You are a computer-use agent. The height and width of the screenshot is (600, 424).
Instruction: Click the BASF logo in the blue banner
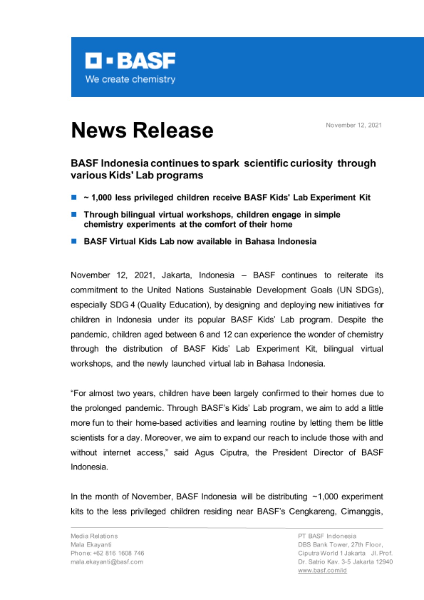coord(130,61)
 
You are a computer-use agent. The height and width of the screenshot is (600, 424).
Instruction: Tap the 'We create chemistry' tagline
coord(130,79)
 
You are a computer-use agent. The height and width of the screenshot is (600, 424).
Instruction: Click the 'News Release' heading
coord(142,130)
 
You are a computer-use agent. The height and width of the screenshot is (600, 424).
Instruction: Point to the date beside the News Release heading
coord(354,125)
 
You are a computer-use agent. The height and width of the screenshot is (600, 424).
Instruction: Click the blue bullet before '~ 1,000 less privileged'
coord(74,197)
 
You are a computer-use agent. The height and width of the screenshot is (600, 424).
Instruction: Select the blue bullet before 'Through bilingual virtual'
coord(74,214)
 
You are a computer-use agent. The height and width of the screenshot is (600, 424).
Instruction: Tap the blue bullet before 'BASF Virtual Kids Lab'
coord(74,241)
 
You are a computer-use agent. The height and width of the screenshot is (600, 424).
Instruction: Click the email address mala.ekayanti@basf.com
coord(107,562)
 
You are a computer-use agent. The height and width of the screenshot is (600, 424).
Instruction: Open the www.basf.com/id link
coord(322,571)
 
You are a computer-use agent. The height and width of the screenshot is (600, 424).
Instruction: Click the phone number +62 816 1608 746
coord(119,553)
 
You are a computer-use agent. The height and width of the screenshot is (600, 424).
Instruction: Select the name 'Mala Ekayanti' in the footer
coord(91,544)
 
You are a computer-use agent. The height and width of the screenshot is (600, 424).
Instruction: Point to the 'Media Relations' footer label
coord(94,536)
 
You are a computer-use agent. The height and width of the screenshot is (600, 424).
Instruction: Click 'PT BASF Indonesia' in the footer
coord(327,536)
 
